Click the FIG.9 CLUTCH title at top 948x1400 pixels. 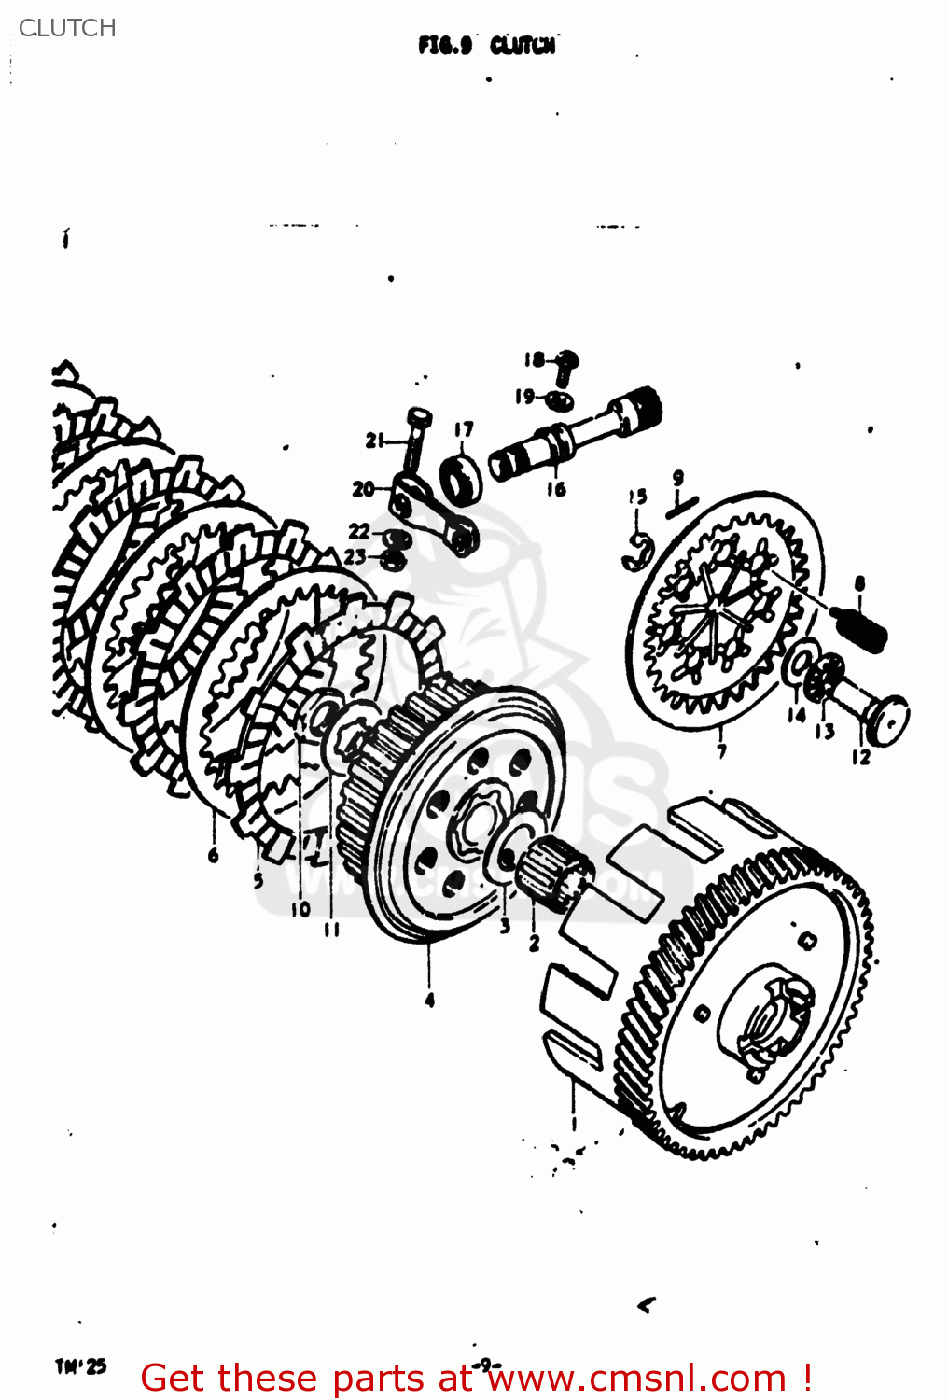coord(486,45)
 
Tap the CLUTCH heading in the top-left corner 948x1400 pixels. coord(67,28)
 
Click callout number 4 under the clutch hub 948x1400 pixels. coord(429,1000)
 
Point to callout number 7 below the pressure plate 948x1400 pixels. coord(721,750)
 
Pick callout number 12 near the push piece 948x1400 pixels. coord(860,757)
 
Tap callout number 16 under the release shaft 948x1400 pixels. coord(556,488)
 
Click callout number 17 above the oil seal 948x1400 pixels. coord(464,429)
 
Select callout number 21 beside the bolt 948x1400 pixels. coord(375,440)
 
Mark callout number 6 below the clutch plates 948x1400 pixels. coord(214,854)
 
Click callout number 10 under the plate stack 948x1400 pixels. coord(300,908)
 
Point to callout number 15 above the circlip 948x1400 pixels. coord(637,497)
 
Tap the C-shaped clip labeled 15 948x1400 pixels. coord(636,552)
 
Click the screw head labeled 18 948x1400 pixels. coord(566,360)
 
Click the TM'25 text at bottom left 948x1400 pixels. coord(81,1366)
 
